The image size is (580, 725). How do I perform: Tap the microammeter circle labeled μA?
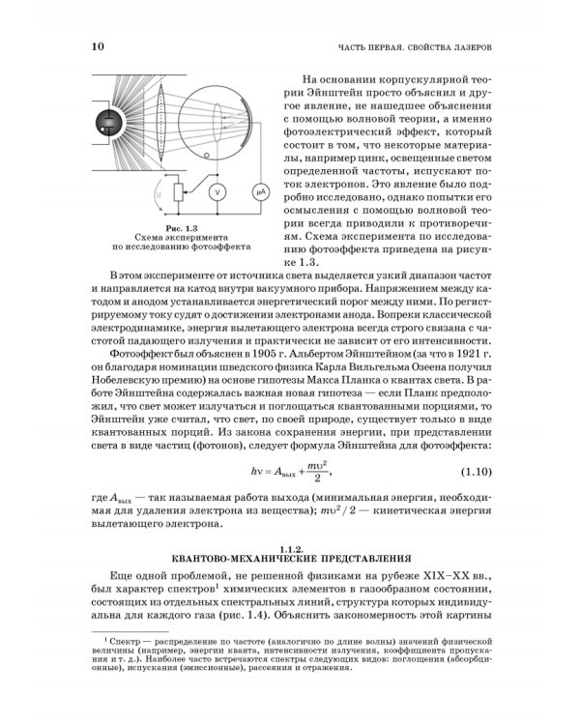[x=259, y=192]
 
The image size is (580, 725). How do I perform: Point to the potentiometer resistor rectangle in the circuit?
[x=176, y=193]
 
